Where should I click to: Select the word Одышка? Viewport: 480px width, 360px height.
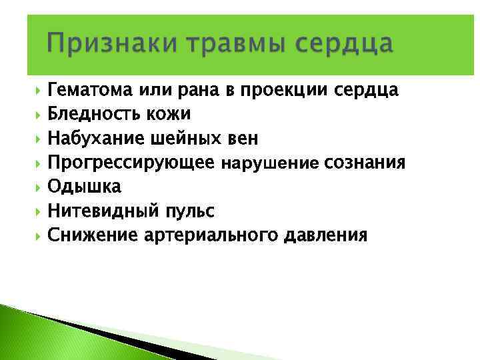tap(84, 187)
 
